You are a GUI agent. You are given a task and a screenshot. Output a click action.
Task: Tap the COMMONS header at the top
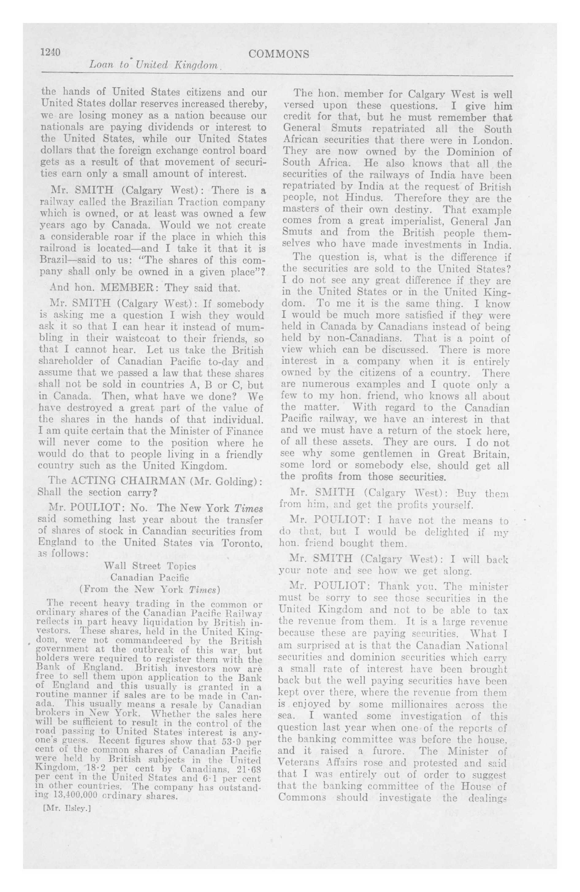click(x=279, y=54)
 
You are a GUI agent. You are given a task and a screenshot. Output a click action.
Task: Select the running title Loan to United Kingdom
click(x=153, y=66)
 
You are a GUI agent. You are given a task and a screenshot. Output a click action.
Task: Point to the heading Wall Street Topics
click(x=150, y=566)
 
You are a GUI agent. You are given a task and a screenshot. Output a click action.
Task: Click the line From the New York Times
click(x=149, y=589)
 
